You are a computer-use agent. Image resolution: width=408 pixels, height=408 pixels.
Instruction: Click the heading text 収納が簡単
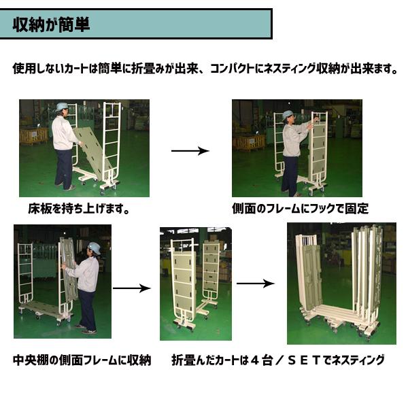point(51,24)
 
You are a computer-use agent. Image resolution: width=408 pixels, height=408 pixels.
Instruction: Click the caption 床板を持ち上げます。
point(79,209)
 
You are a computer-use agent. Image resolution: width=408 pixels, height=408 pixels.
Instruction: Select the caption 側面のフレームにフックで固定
point(301,209)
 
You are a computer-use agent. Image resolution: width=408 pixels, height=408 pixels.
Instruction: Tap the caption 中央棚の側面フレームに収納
point(82,360)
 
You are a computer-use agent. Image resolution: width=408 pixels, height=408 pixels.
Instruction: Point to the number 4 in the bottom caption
point(255,360)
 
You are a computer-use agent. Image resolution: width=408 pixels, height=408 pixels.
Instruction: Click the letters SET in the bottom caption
point(304,360)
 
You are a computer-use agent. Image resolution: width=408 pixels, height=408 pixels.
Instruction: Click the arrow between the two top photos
point(190,151)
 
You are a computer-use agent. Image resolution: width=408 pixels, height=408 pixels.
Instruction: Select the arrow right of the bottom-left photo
point(132,288)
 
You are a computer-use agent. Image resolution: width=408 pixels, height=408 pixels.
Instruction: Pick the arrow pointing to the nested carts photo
point(256,284)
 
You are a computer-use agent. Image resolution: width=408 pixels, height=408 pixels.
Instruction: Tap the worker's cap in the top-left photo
point(61,107)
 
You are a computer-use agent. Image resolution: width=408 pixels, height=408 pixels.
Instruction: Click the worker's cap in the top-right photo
point(288,114)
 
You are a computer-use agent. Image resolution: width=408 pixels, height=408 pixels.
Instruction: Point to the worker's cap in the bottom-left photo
point(94,248)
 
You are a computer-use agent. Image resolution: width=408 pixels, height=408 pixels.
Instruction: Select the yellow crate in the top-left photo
point(33,135)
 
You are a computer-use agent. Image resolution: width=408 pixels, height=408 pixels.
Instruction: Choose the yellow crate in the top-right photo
point(249,143)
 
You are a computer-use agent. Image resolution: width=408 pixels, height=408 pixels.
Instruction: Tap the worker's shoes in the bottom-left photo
point(86,329)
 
